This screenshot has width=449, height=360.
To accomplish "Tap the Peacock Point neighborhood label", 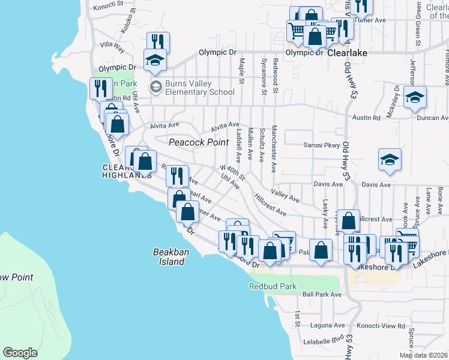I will tap(199, 142).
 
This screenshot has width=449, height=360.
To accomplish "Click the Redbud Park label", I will tap(273, 287).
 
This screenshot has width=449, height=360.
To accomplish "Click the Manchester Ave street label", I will tap(274, 155).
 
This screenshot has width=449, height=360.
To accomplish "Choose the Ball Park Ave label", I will tap(322, 295).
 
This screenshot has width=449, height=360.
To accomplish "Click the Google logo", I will tap(20, 353).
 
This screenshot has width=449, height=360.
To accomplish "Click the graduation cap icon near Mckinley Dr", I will tap(415, 97).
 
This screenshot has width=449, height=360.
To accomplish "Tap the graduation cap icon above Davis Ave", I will tap(390, 159).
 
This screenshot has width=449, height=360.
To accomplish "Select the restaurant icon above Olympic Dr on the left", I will tap(158, 41).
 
